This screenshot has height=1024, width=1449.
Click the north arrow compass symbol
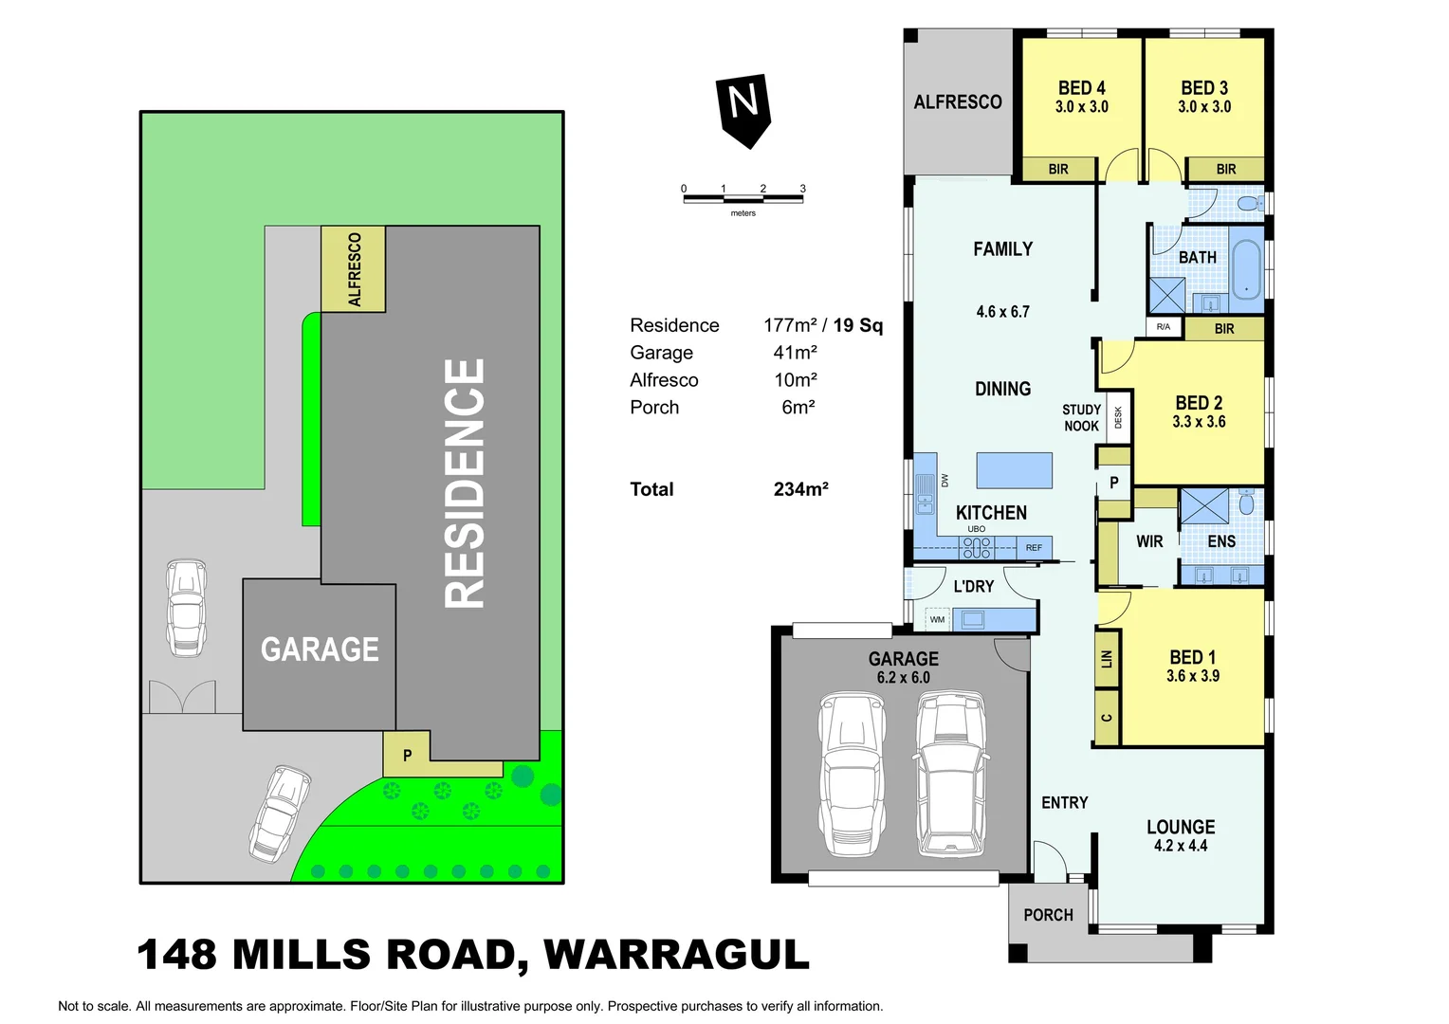(x=743, y=108)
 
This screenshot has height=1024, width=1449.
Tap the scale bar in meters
(x=743, y=198)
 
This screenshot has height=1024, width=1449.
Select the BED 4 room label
(x=1081, y=88)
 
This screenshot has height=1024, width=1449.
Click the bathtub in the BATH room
(x=1245, y=269)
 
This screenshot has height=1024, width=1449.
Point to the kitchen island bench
(x=1014, y=470)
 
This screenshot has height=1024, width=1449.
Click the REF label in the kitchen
(x=1034, y=548)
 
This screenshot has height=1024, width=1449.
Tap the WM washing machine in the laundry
(x=937, y=620)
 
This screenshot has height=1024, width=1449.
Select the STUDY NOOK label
(x=1081, y=418)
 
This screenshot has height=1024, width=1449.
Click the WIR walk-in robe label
(x=1149, y=541)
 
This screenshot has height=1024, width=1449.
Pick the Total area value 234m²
(x=800, y=489)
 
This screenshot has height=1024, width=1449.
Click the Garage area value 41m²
(x=795, y=353)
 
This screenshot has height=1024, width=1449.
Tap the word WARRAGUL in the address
(x=676, y=955)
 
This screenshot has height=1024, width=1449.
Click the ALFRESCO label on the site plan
(x=355, y=269)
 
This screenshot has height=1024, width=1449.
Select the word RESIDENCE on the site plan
(x=466, y=483)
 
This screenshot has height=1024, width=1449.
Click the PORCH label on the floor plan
(x=1048, y=915)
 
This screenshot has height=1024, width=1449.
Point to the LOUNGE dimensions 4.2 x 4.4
(x=1180, y=846)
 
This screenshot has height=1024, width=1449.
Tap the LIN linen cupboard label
(x=1107, y=658)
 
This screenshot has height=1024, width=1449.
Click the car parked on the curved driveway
(x=280, y=813)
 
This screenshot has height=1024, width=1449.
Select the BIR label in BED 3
(x=1225, y=169)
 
